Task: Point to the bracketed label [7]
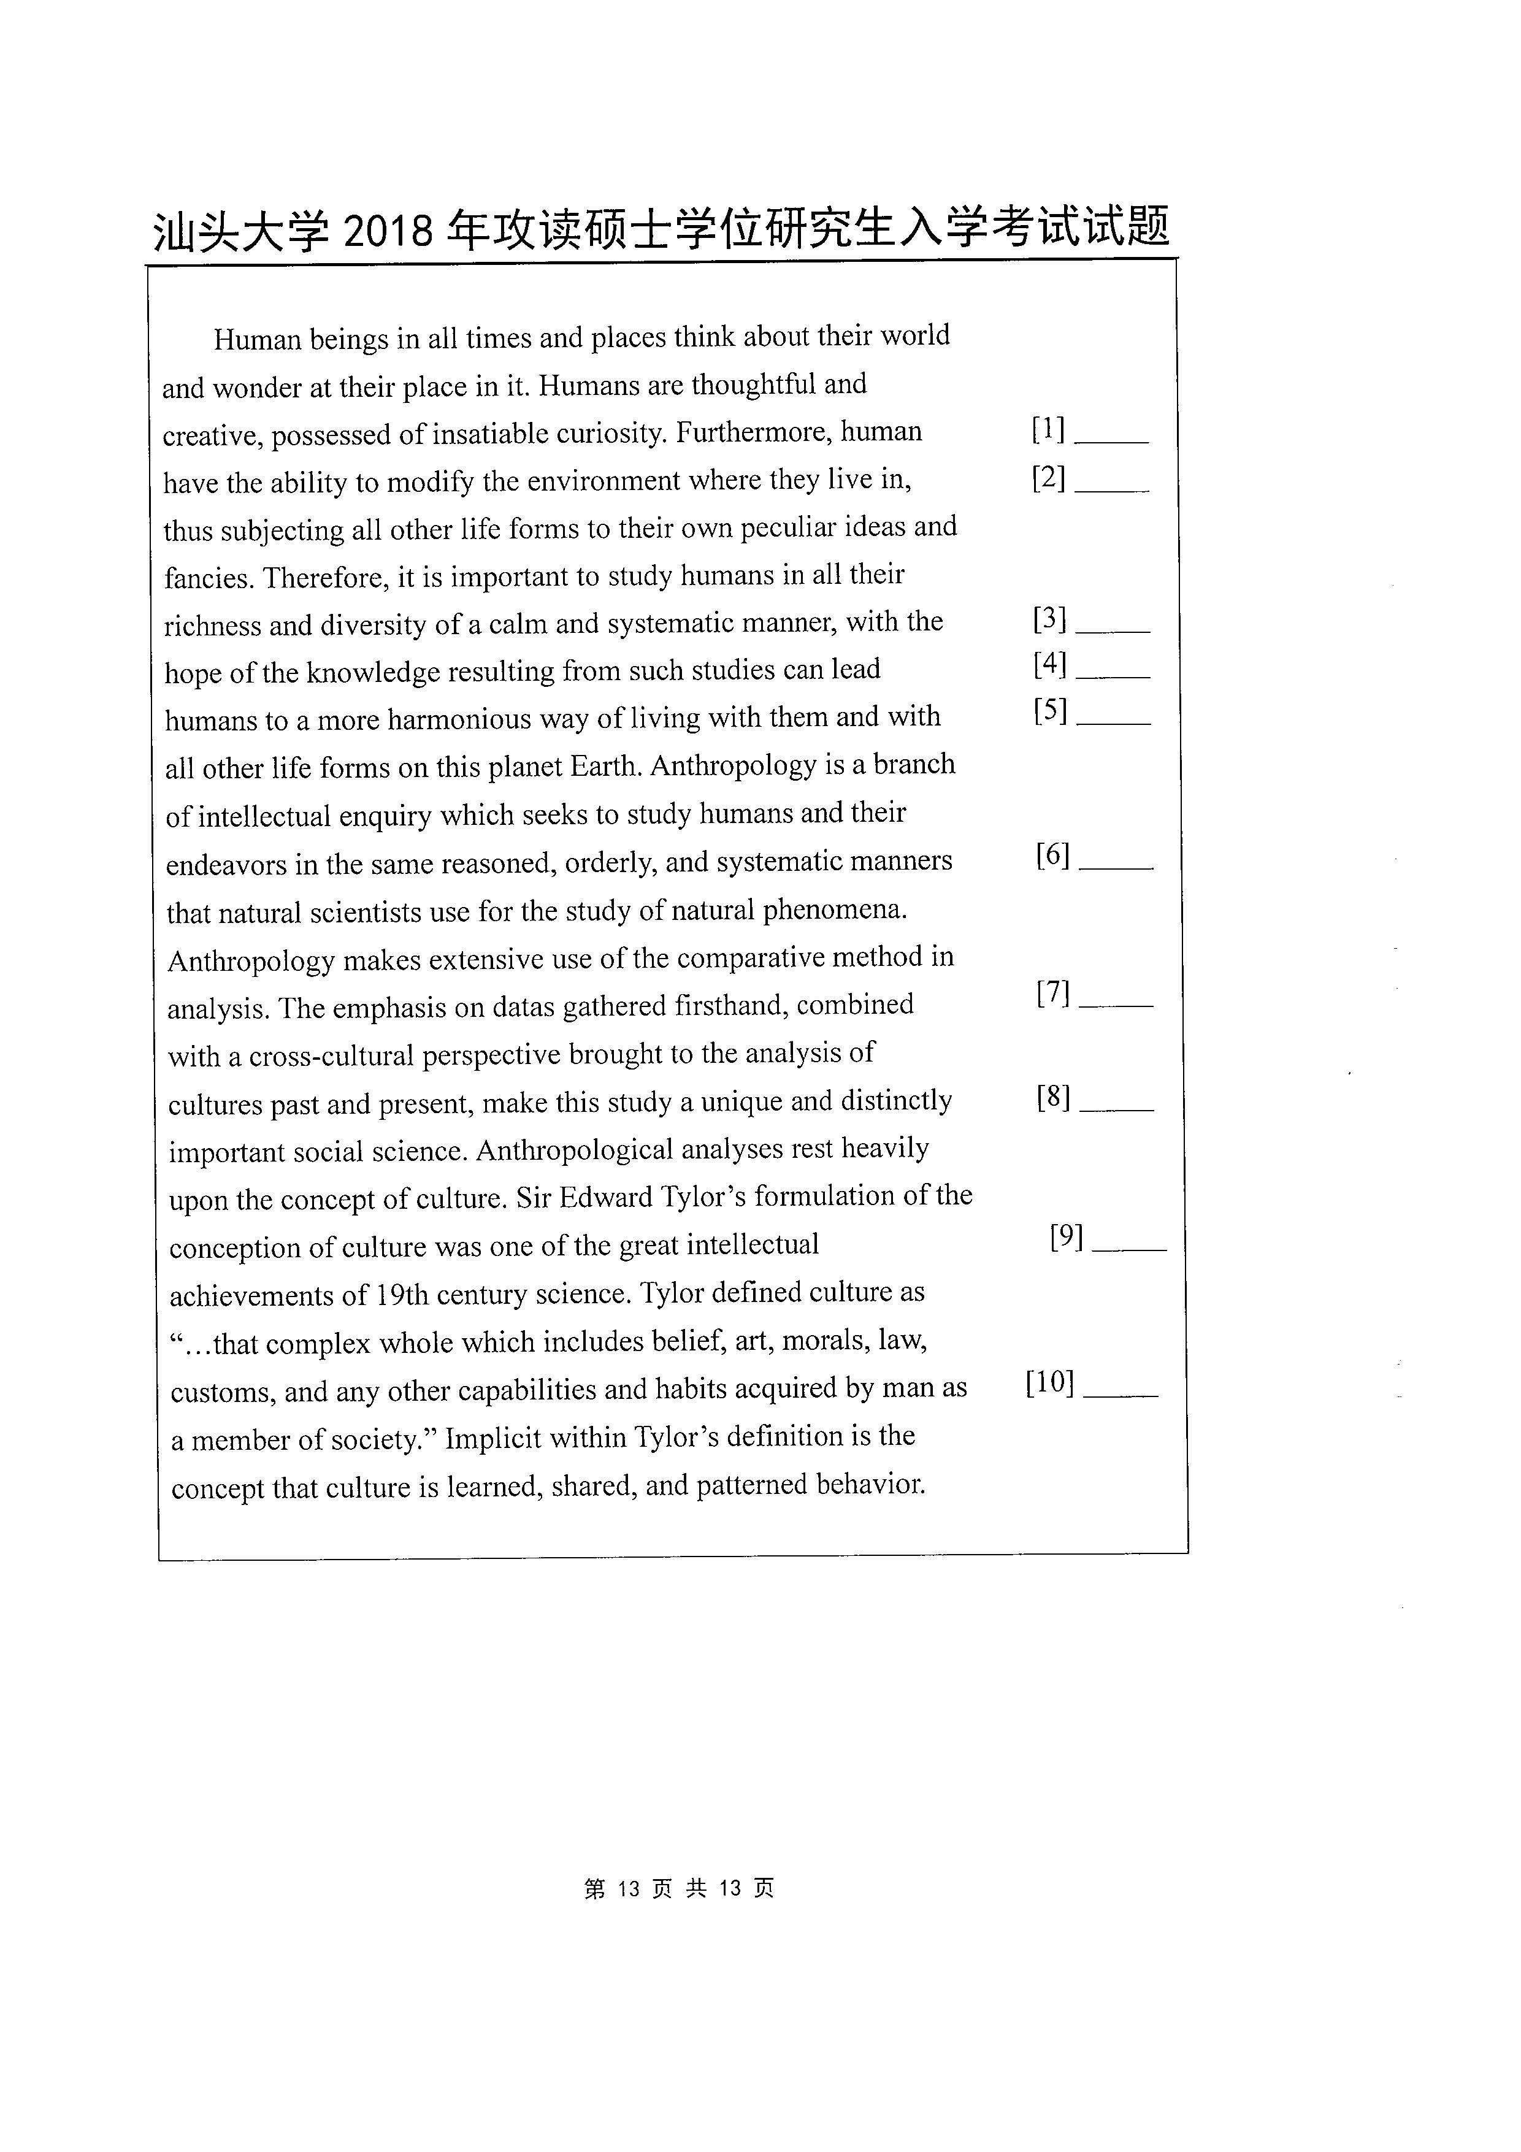[x=1054, y=992]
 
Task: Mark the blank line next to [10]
[x=1121, y=1394]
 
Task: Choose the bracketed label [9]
[x=1067, y=1238]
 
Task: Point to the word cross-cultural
[x=331, y=1056]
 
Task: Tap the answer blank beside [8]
[x=1116, y=1107]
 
